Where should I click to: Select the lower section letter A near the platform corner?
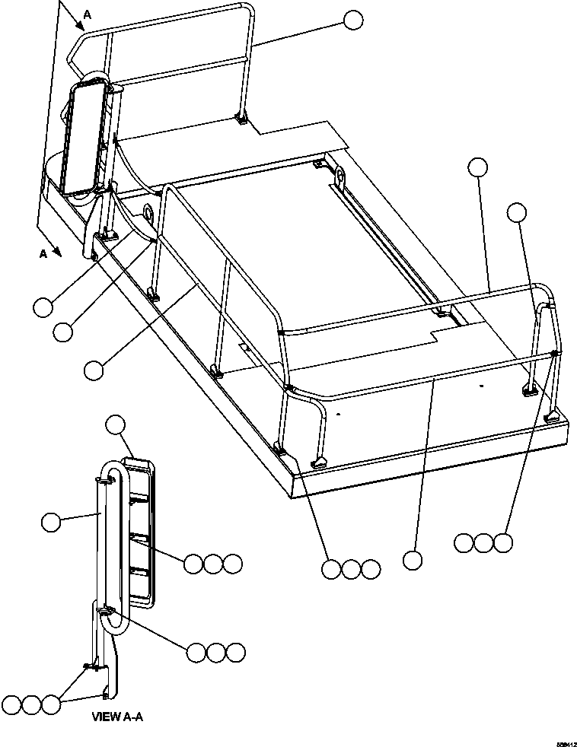pyautogui.click(x=43, y=254)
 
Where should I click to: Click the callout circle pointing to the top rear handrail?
pyautogui.click(x=353, y=21)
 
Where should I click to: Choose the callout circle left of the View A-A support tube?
pyautogui.click(x=50, y=522)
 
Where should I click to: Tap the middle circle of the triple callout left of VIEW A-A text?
pyautogui.click(x=31, y=704)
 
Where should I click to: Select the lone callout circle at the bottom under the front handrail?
pyautogui.click(x=413, y=561)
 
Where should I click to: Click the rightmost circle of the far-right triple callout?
pyautogui.click(x=502, y=542)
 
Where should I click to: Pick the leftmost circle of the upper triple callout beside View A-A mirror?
pyautogui.click(x=193, y=564)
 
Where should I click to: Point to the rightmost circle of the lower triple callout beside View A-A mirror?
pyautogui.click(x=236, y=652)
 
